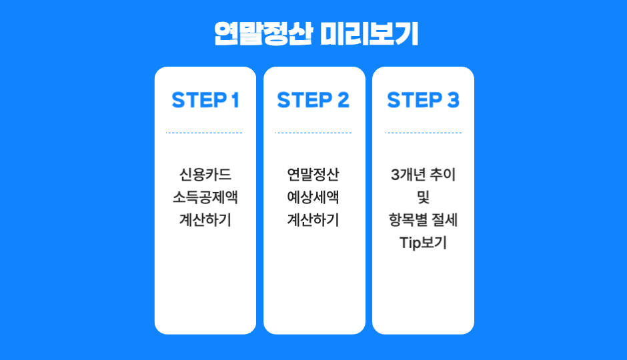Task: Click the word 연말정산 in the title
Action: [263, 34]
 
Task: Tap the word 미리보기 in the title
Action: [369, 34]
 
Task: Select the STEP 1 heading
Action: [205, 100]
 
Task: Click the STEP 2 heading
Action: [313, 100]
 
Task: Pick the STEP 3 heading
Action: [423, 100]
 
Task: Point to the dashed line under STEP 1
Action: [205, 133]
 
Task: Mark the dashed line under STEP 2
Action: [313, 133]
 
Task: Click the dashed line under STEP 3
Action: [423, 133]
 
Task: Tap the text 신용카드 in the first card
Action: [205, 175]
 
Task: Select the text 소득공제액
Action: [205, 198]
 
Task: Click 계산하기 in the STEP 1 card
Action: [205, 220]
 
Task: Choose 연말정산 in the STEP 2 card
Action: [313, 175]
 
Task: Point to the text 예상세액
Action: [313, 198]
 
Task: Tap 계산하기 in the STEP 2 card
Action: [313, 220]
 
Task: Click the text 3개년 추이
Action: [423, 175]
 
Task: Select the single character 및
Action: [423, 198]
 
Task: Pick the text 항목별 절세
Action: [423, 220]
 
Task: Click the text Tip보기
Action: [423, 243]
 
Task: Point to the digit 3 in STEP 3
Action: [453, 100]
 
